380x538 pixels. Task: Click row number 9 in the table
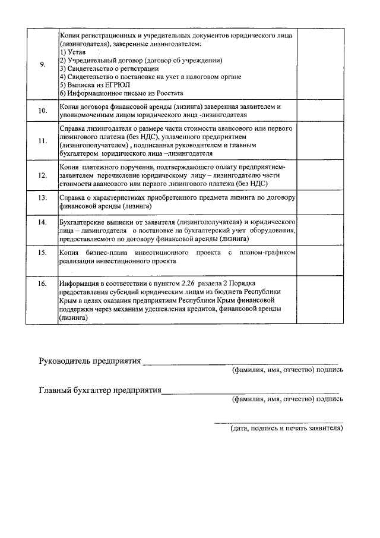click(43, 65)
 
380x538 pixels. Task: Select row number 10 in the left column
click(43, 111)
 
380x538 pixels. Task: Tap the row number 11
click(43, 141)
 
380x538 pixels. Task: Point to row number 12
click(43, 175)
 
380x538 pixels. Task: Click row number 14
click(43, 222)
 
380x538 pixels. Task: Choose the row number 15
click(43, 253)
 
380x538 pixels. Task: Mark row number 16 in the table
click(43, 284)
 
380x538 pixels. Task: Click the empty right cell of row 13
click(320, 201)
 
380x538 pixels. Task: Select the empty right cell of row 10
click(320, 111)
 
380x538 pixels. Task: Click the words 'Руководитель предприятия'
click(90, 361)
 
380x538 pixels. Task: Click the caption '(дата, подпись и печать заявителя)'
click(287, 427)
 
